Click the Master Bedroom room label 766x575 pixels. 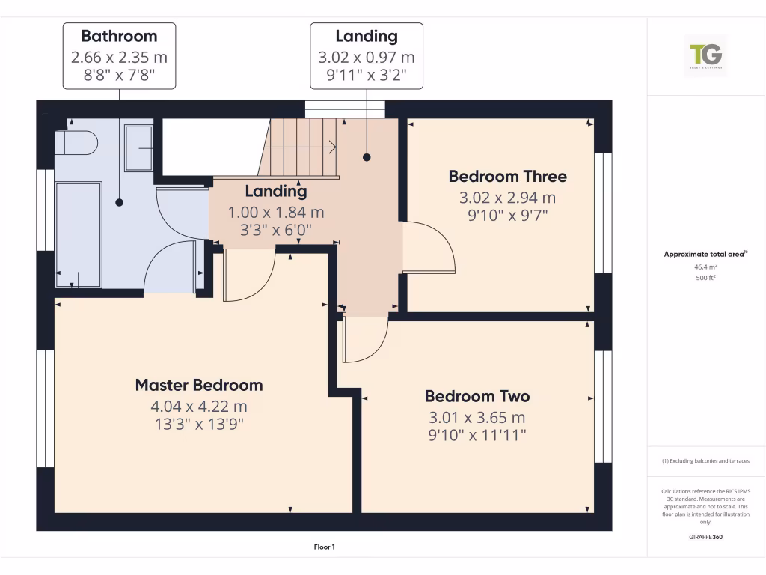point(199,385)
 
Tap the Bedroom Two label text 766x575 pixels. point(477,396)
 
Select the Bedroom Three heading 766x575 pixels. point(507,177)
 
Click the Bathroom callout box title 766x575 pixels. point(119,36)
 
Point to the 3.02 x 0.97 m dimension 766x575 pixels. point(367,57)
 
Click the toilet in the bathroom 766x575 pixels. point(78,142)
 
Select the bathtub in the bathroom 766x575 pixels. point(79,234)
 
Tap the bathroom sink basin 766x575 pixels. point(138,149)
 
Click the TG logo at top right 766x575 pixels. point(705,55)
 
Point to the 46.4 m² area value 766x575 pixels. point(705,267)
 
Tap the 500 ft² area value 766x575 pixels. point(705,278)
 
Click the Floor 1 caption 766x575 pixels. point(323,547)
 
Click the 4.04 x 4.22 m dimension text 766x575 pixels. point(199,407)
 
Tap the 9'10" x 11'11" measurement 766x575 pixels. point(477,434)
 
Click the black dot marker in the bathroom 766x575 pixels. point(119,202)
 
